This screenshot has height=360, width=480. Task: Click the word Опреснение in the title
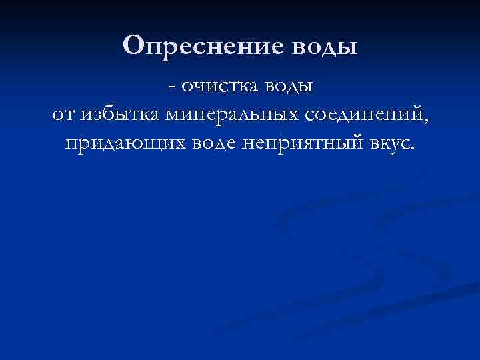(x=204, y=46)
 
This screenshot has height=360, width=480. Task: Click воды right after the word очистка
(x=287, y=87)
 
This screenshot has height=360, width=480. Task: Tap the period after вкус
(x=411, y=148)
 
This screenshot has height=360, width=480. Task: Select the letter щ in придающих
(x=141, y=144)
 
